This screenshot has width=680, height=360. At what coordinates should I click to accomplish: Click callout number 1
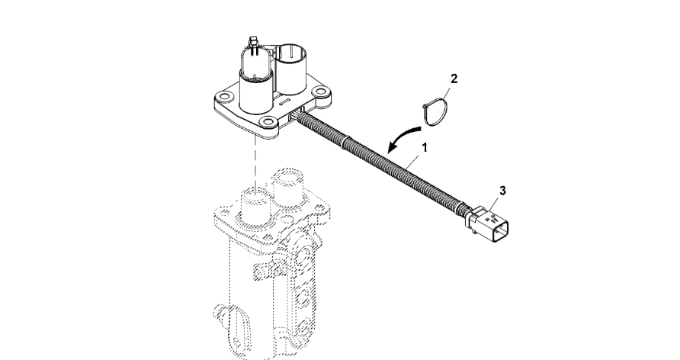[425, 147]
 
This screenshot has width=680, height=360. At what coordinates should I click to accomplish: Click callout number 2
[454, 79]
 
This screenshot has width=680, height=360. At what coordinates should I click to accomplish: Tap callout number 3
[502, 191]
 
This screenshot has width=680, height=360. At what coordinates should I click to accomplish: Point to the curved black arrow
[400, 135]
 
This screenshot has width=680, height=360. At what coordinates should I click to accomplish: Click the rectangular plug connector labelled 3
[487, 223]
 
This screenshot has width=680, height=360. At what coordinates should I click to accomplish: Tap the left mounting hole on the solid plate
[223, 96]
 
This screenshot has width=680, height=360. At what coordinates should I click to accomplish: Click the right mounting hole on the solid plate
[319, 92]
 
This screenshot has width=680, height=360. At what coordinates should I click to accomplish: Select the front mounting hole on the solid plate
[269, 121]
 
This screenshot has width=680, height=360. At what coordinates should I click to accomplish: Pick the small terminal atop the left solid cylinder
[253, 43]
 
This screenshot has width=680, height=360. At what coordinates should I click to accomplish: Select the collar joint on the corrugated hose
[344, 142]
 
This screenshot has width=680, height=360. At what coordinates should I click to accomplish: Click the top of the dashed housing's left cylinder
[256, 196]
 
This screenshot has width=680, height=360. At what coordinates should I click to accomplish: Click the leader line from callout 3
[493, 204]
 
